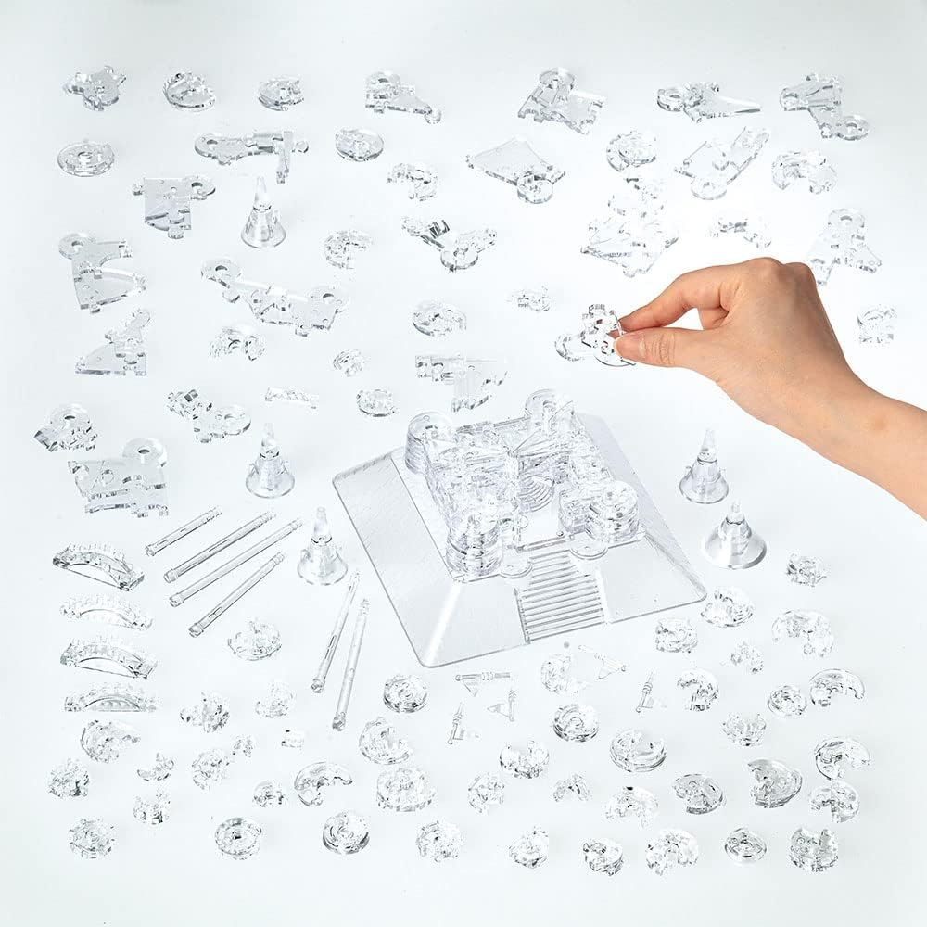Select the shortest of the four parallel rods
184,530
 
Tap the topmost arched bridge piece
97,565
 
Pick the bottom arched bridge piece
109,700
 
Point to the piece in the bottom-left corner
91,836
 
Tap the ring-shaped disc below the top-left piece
85,157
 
